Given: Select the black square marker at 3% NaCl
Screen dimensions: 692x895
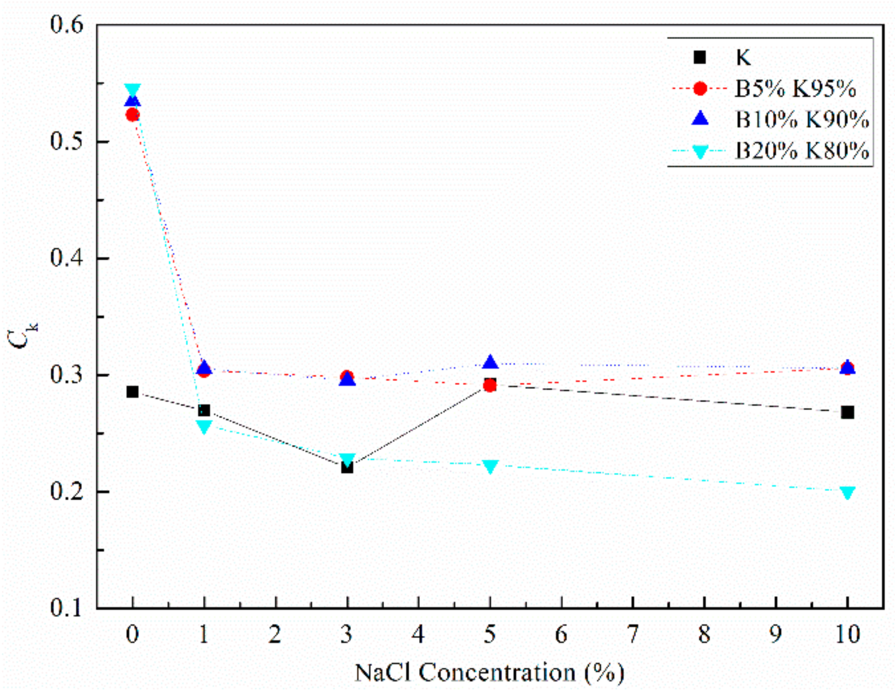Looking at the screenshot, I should tap(347, 467).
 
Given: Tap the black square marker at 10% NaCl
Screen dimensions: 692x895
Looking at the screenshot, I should tap(847, 412).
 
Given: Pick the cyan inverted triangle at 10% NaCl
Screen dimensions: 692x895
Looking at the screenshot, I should tap(847, 492).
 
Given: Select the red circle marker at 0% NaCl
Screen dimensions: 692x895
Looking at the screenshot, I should tap(133, 115).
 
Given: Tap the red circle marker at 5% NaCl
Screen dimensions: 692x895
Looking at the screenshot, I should tap(490, 385).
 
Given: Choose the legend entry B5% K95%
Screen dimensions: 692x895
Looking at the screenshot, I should tap(795, 88).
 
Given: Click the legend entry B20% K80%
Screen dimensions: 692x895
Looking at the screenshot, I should tap(802, 151).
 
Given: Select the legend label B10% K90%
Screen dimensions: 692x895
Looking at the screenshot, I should tap(802, 120).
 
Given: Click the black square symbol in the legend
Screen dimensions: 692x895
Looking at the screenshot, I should tap(700, 57).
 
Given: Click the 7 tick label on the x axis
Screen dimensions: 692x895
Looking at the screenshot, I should tap(633, 635).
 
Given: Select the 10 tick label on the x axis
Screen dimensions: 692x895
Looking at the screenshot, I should tap(847, 635).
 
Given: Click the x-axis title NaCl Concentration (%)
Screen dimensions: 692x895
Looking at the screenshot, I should tap(490, 672).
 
